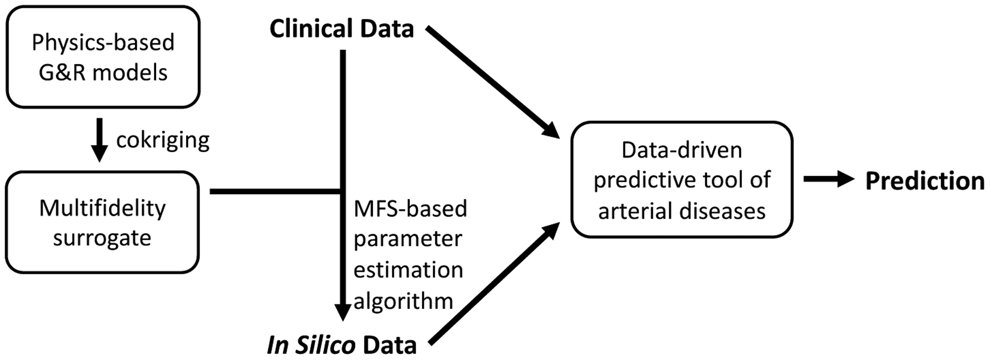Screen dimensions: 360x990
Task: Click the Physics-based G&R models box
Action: pos(103,57)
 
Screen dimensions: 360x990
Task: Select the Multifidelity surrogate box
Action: pos(102,222)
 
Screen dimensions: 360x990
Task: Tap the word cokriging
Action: pos(162,140)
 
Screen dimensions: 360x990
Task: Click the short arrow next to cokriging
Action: pos(100,140)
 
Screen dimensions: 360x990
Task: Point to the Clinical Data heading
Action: pos(341,28)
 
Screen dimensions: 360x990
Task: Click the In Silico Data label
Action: pos(341,345)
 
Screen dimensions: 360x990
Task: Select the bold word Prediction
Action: pos(925,181)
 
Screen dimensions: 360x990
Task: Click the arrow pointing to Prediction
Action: pos(828,179)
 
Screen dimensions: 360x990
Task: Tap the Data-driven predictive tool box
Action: pos(682,179)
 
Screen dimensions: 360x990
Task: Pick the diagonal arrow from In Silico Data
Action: pos(494,284)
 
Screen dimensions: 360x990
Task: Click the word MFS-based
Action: pos(410,209)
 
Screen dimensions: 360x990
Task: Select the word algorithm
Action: pos(403,301)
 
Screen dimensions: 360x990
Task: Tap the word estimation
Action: pos(408,270)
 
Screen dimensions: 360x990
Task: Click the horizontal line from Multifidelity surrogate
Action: pos(273,191)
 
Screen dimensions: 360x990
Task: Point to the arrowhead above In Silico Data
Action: pos(343,312)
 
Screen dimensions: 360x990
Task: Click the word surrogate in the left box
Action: pos(102,238)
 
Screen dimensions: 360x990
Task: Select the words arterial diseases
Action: pos(682,211)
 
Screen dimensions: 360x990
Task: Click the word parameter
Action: pos(407,239)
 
